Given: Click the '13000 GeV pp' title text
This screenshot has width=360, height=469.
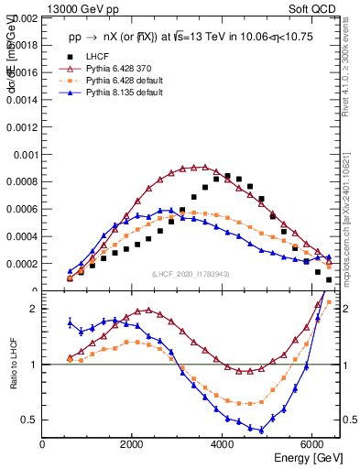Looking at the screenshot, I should pos(77,8).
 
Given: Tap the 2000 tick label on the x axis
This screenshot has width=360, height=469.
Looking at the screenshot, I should pos(133,444).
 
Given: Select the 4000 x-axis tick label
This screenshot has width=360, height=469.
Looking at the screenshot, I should pos(223,444).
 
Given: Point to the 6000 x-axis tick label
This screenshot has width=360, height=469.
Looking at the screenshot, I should pos(312,444).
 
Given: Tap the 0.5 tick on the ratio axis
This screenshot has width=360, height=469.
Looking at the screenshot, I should pos(31,420).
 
